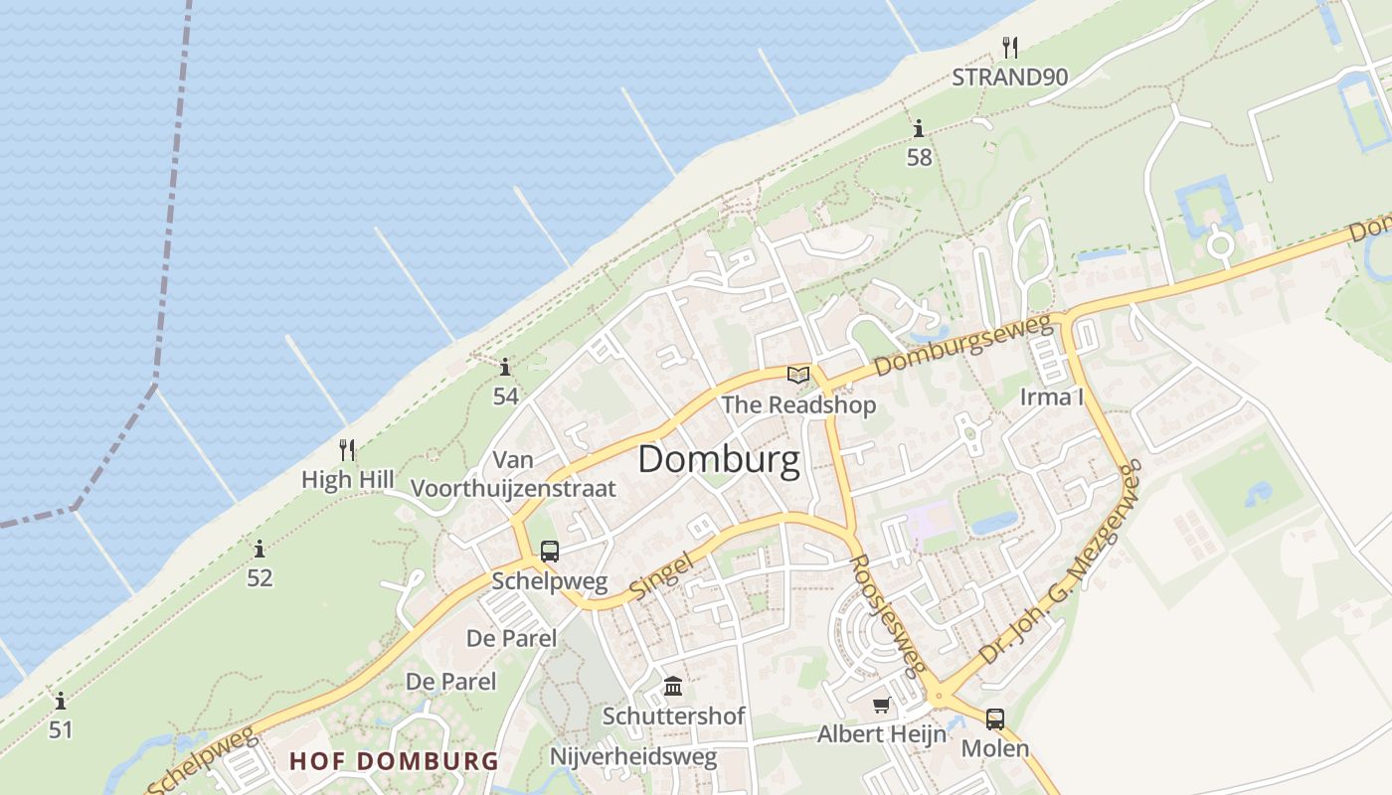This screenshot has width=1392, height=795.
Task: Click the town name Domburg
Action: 718,460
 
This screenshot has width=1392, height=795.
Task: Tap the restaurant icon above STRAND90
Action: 1010,47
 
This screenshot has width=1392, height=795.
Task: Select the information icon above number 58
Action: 919,128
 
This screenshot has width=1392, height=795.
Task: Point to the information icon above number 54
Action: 505,368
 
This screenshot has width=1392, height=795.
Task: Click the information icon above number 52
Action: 260,549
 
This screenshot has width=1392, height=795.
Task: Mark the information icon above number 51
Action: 61,701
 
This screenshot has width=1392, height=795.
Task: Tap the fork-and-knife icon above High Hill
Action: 347,450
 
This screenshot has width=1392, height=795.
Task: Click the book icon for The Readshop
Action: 798,375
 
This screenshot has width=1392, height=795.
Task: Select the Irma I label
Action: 1052,398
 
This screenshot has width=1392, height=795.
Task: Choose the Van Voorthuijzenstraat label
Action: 513,474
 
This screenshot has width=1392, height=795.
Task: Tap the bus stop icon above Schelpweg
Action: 550,552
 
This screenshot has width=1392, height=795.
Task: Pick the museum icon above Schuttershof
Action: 673,687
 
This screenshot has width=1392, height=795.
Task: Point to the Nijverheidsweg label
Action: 633,757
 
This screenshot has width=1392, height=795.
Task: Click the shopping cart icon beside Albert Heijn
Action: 881,706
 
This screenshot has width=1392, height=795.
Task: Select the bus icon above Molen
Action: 994,719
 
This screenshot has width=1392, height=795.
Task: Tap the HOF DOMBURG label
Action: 394,761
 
